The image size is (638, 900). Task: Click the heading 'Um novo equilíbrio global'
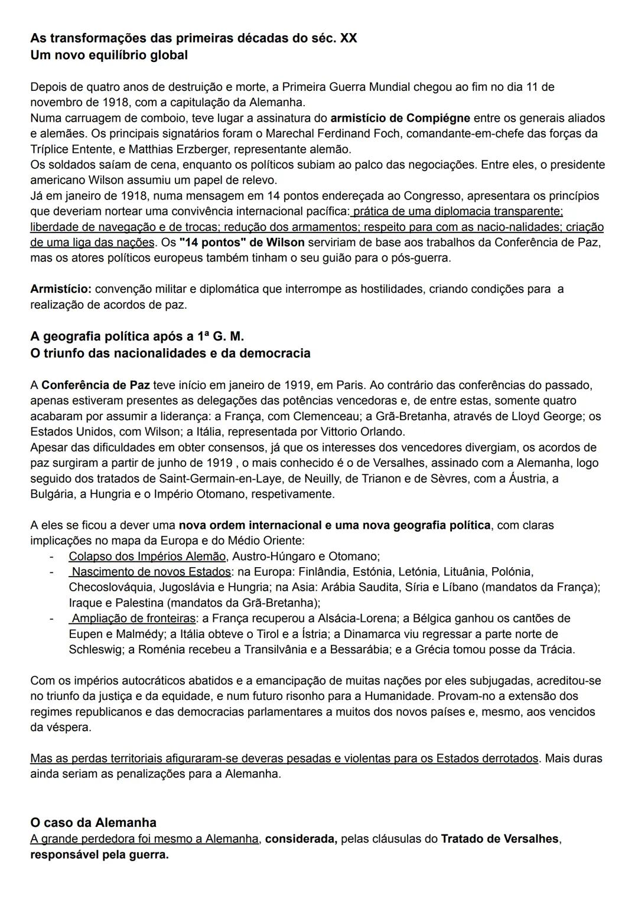[109, 55]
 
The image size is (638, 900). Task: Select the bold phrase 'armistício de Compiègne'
[400, 118]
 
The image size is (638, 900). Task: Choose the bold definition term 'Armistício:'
[61, 289]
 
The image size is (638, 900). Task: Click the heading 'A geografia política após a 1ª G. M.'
[137, 336]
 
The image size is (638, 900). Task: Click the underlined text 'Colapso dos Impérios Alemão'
[147, 556]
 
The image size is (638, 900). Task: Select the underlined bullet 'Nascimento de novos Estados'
[151, 572]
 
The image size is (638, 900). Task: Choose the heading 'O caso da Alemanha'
[93, 823]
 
